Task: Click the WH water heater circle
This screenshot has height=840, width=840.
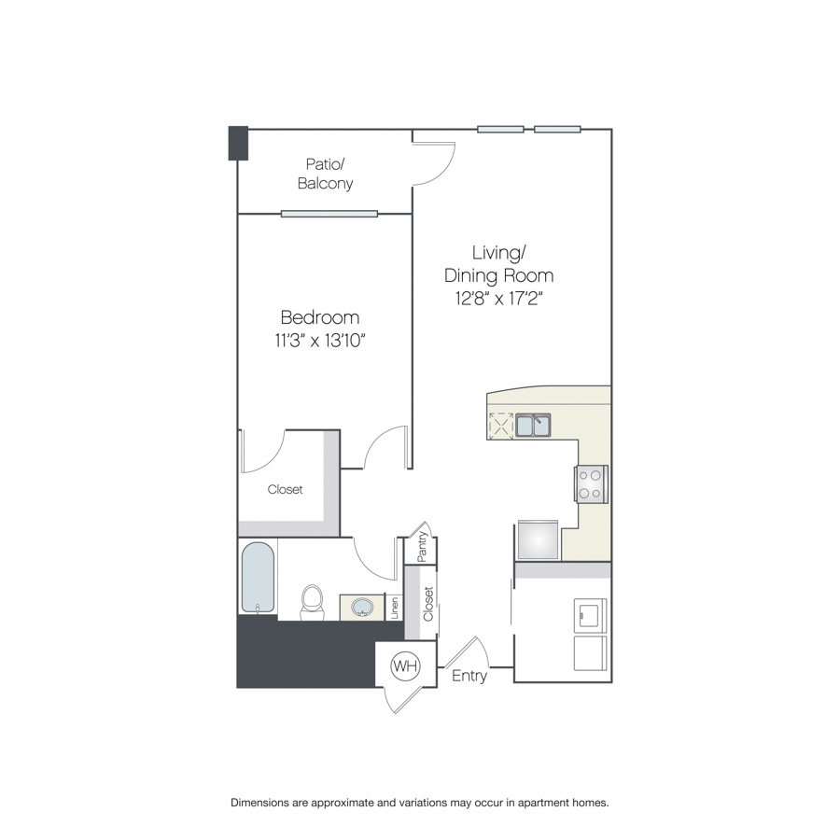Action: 405,665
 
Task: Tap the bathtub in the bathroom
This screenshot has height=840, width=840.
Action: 258,577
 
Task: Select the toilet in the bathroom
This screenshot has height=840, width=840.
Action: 313,602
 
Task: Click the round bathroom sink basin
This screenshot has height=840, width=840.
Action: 362,608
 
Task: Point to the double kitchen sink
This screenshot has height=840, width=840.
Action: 533,426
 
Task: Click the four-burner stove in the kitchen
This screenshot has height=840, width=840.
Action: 592,483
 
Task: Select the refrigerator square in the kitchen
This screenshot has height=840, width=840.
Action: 538,540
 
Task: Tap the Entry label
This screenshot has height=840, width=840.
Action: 469,676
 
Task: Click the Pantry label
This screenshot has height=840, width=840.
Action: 422,547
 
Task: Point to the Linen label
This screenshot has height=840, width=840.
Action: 395,609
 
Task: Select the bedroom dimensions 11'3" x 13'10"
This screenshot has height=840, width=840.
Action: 320,340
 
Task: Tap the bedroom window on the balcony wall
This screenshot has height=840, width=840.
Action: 329,215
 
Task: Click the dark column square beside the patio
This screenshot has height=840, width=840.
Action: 238,143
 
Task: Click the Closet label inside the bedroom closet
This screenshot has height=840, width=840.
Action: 285,489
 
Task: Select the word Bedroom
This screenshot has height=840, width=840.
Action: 320,317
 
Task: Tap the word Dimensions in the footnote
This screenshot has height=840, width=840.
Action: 259,803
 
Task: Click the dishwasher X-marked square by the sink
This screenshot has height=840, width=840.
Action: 501,427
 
